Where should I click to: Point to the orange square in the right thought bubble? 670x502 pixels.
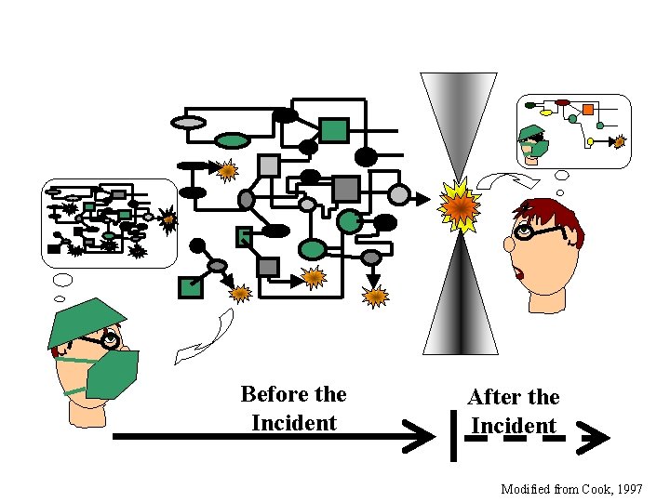tap(588, 110)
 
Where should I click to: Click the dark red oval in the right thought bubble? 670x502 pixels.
tap(562, 103)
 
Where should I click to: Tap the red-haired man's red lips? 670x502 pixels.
tap(517, 272)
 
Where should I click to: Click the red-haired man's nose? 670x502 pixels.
tap(509, 244)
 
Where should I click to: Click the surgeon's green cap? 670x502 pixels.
tap(81, 320)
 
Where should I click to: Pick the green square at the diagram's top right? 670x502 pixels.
tap(334, 130)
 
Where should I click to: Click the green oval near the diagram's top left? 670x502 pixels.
tap(233, 141)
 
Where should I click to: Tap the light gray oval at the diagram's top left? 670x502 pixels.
tap(189, 123)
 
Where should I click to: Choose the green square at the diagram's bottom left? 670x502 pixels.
tap(191, 287)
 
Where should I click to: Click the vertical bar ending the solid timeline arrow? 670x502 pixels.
tap(452, 435)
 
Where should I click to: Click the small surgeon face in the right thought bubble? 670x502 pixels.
tap(533, 140)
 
